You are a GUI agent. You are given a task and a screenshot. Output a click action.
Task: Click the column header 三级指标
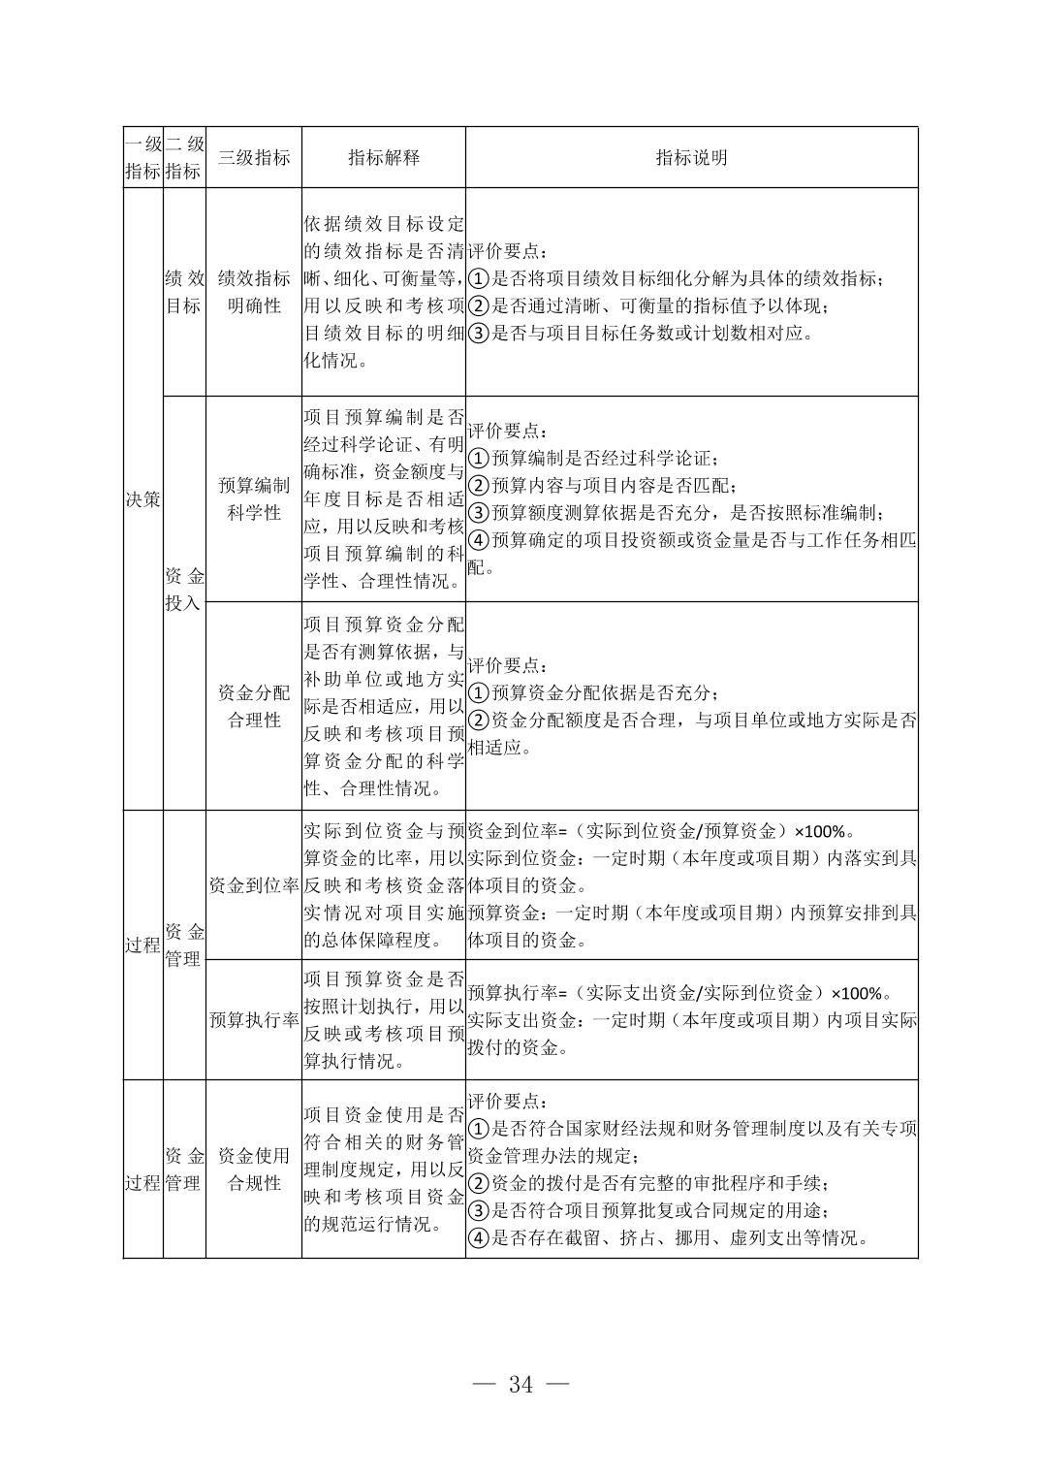253,158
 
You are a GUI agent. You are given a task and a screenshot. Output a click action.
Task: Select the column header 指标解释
384,158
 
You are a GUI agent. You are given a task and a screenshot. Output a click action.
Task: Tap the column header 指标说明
691,158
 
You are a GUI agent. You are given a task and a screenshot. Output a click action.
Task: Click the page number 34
520,1385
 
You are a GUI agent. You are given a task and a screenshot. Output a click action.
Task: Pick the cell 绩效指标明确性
253,292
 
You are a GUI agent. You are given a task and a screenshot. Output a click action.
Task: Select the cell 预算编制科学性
253,499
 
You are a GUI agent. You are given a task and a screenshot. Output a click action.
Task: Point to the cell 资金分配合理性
253,706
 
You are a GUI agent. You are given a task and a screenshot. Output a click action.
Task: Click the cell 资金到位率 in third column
253,885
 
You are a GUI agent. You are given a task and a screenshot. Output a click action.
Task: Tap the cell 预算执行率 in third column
253,1020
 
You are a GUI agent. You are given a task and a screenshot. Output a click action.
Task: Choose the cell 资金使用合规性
253,1170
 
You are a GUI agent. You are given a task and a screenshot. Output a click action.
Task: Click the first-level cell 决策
142,499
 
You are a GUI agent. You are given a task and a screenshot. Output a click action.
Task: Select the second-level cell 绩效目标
184,292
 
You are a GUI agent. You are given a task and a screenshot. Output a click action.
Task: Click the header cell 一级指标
142,158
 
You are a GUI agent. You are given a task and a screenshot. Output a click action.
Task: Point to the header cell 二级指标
184,158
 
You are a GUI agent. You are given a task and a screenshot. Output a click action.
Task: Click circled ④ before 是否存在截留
478,1238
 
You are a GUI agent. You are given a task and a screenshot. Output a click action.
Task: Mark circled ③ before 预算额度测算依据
478,513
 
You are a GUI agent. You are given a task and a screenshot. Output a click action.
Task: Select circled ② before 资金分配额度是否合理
478,721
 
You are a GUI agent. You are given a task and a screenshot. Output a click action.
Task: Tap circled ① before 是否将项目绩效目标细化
478,279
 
